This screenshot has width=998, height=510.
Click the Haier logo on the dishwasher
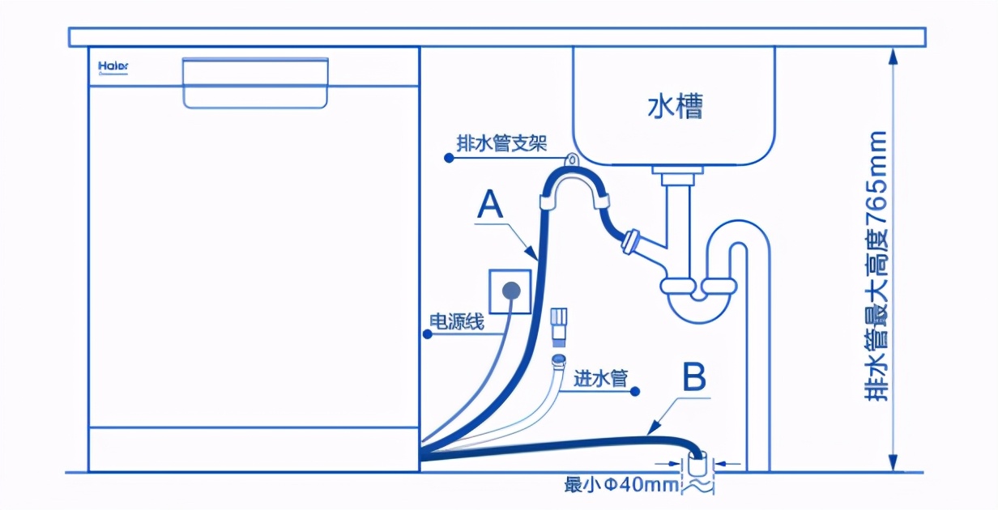[113, 66]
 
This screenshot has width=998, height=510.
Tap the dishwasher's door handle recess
[255, 83]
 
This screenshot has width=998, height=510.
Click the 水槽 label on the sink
[675, 106]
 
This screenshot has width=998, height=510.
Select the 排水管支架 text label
[501, 144]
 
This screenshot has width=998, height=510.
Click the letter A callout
[491, 205]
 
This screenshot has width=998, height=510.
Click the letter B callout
[694, 377]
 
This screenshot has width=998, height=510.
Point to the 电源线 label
[456, 322]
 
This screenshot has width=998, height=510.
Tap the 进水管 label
[600, 378]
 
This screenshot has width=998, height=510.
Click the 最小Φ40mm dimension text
[621, 486]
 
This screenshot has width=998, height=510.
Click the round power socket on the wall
[511, 289]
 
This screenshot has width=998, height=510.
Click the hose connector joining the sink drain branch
[630, 240]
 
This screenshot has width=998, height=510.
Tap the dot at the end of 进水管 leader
[636, 391]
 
